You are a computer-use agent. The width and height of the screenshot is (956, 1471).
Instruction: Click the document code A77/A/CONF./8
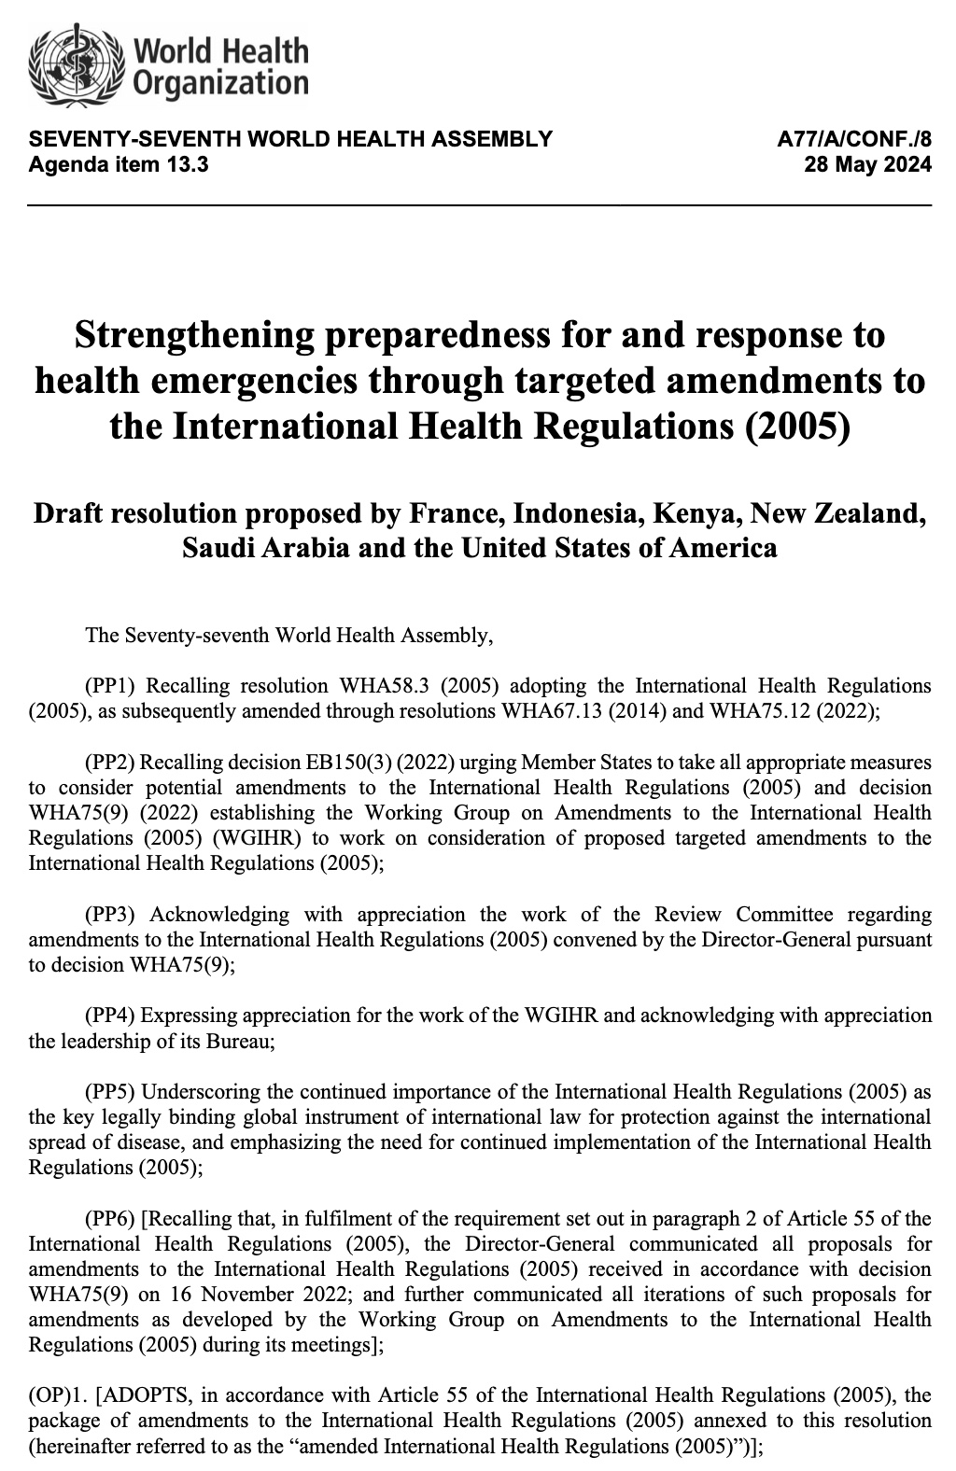(x=854, y=141)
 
